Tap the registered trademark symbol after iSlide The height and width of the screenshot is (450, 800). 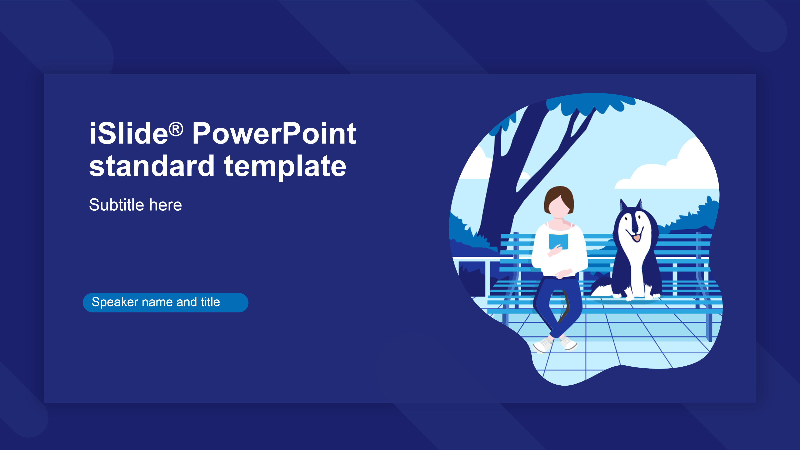point(176,129)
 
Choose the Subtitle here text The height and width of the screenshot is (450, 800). point(135,205)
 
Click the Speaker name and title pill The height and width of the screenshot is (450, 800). point(166,302)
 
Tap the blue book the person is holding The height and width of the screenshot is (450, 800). point(558,241)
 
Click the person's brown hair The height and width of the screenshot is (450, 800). point(559,199)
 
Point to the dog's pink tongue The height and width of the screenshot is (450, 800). point(637,238)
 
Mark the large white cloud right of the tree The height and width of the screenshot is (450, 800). point(668,169)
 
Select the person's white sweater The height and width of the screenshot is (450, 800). point(559,251)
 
